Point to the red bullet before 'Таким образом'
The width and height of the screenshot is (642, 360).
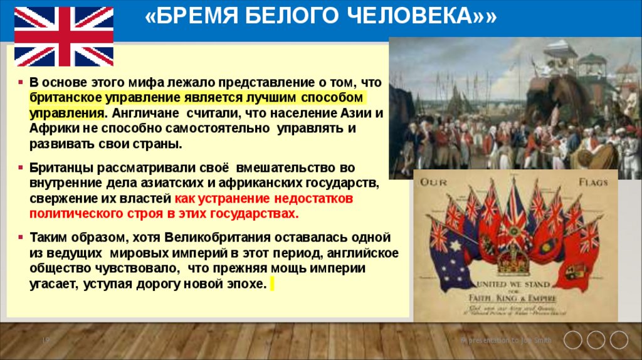click(21, 238)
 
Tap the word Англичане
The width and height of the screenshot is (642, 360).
click(142, 113)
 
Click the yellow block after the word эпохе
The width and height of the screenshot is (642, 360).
click(271, 283)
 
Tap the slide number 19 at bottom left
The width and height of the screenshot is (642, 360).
click(45, 340)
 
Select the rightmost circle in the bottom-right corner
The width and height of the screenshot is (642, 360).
click(619, 340)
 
